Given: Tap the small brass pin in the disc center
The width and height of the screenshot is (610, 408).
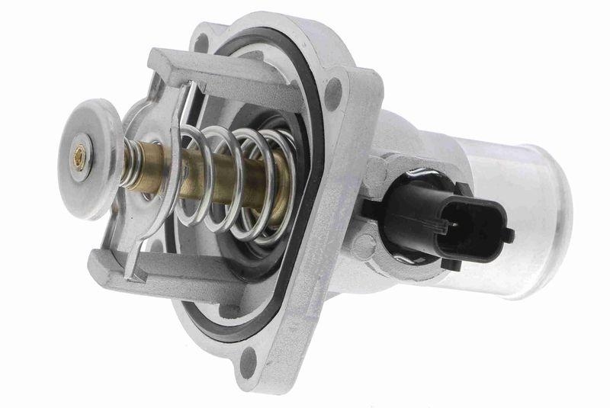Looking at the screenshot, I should pyautogui.click(x=79, y=156).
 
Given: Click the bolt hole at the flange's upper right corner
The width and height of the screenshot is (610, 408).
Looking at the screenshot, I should pyautogui.click(x=333, y=94).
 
